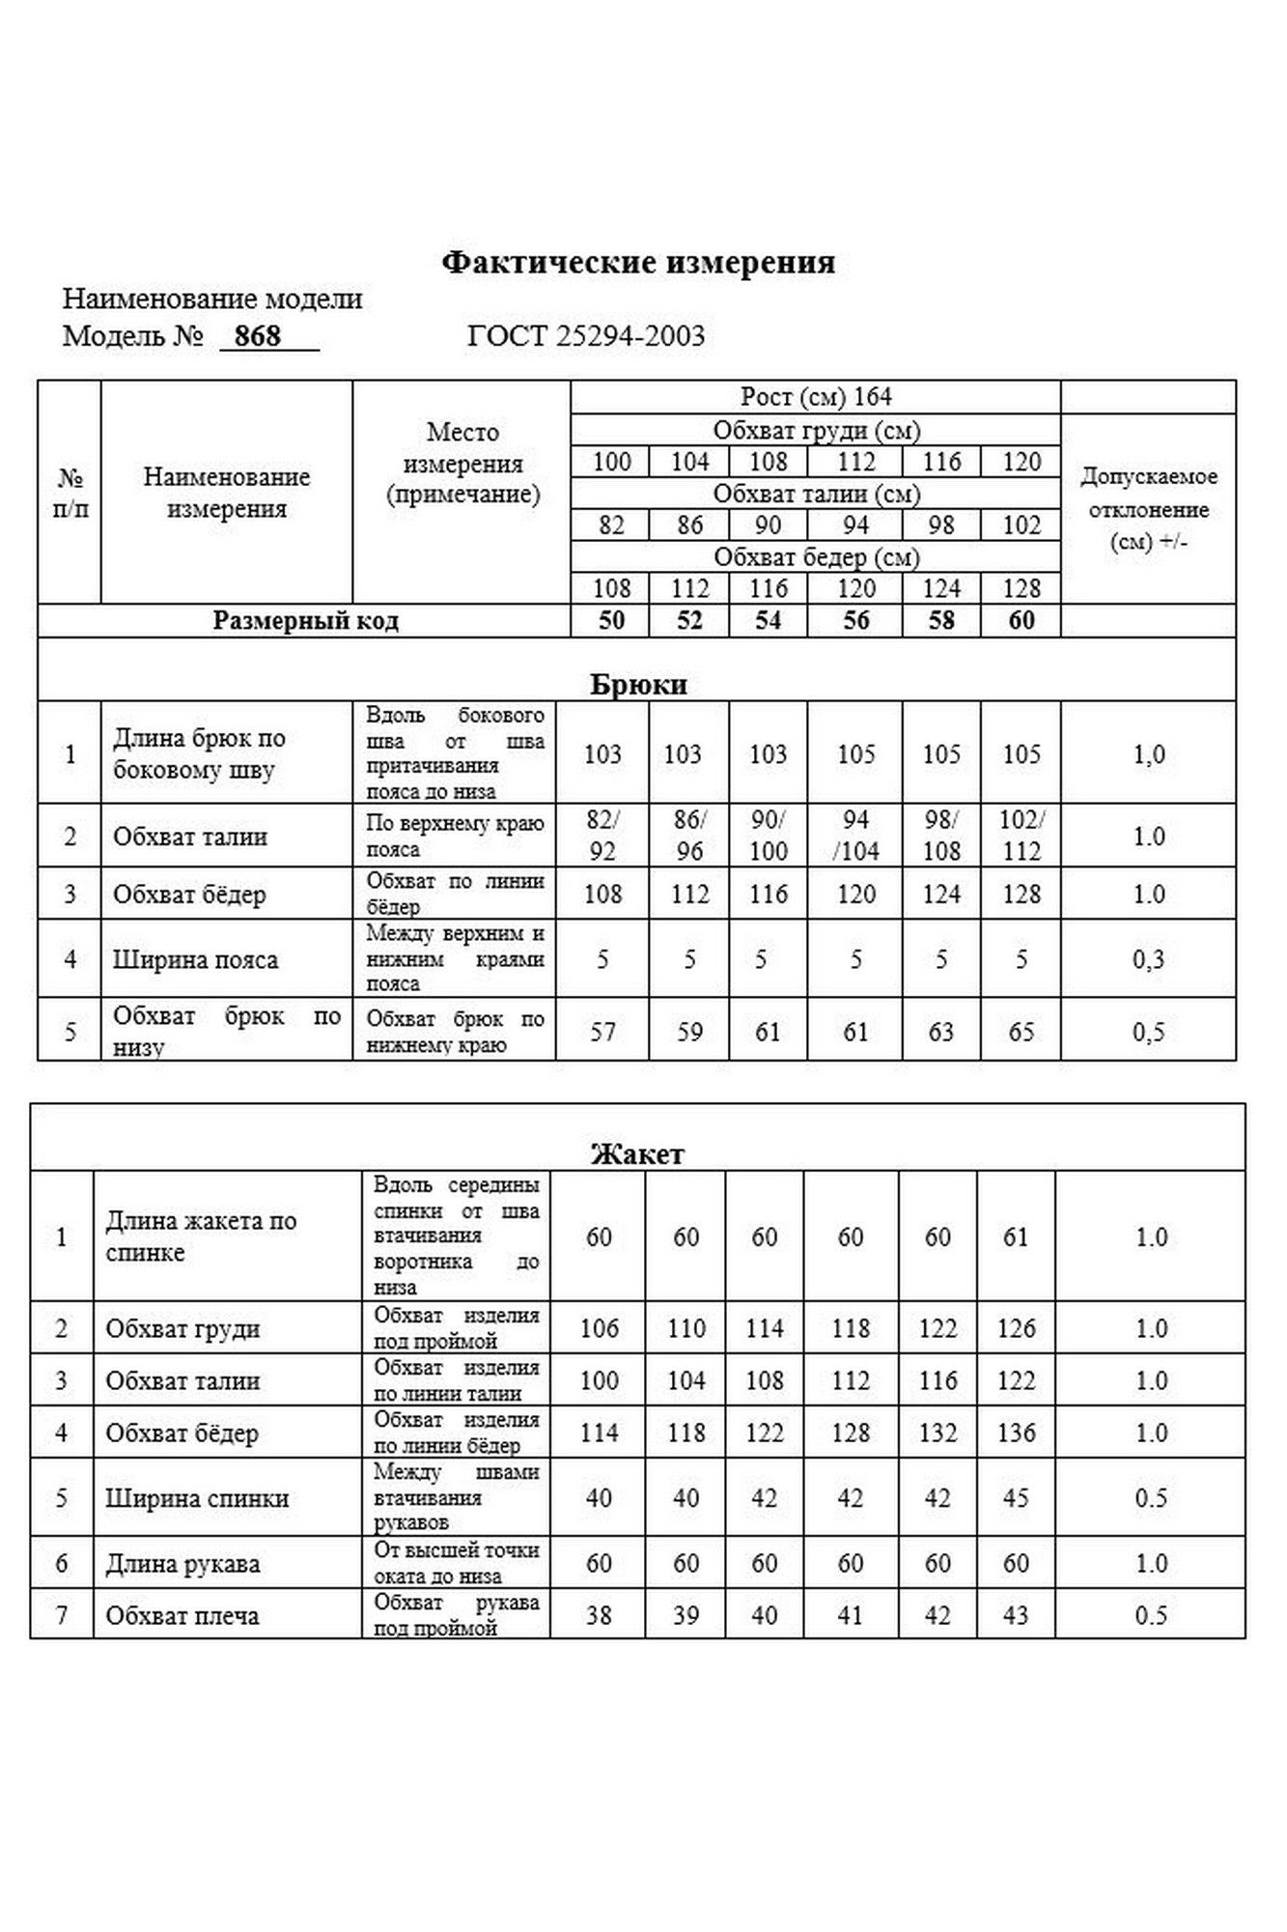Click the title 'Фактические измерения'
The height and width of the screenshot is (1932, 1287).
pos(638,263)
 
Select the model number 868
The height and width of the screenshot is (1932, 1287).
pos(258,336)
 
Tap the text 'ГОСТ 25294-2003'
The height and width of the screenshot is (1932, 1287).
pos(586,336)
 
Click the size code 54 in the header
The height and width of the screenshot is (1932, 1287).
pos(768,620)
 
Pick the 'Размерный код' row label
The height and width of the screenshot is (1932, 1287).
pos(305,620)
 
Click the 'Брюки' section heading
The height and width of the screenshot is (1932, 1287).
pos(638,684)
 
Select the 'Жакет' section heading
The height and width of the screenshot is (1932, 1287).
pos(637,1153)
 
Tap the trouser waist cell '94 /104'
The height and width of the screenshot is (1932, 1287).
pos(855,836)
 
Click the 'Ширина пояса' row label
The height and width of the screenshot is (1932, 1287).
pos(195,960)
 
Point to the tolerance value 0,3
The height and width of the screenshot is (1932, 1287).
pos(1148,960)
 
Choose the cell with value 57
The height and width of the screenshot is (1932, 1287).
pos(602,1032)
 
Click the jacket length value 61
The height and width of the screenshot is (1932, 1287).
pos(1016,1237)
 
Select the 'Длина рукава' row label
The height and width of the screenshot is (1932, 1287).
pos(182,1564)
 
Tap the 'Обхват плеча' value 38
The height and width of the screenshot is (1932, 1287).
pos(599,1615)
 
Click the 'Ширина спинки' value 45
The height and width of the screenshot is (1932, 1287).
pos(1016,1498)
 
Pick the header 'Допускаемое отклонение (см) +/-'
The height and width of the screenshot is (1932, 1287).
pos(1148,508)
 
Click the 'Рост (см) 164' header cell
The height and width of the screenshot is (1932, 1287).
pos(816,397)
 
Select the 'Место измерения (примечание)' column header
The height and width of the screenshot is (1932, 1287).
pos(462,464)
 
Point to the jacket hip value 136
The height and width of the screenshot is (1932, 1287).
pos(1016,1433)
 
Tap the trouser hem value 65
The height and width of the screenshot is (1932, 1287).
pos(1021,1032)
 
